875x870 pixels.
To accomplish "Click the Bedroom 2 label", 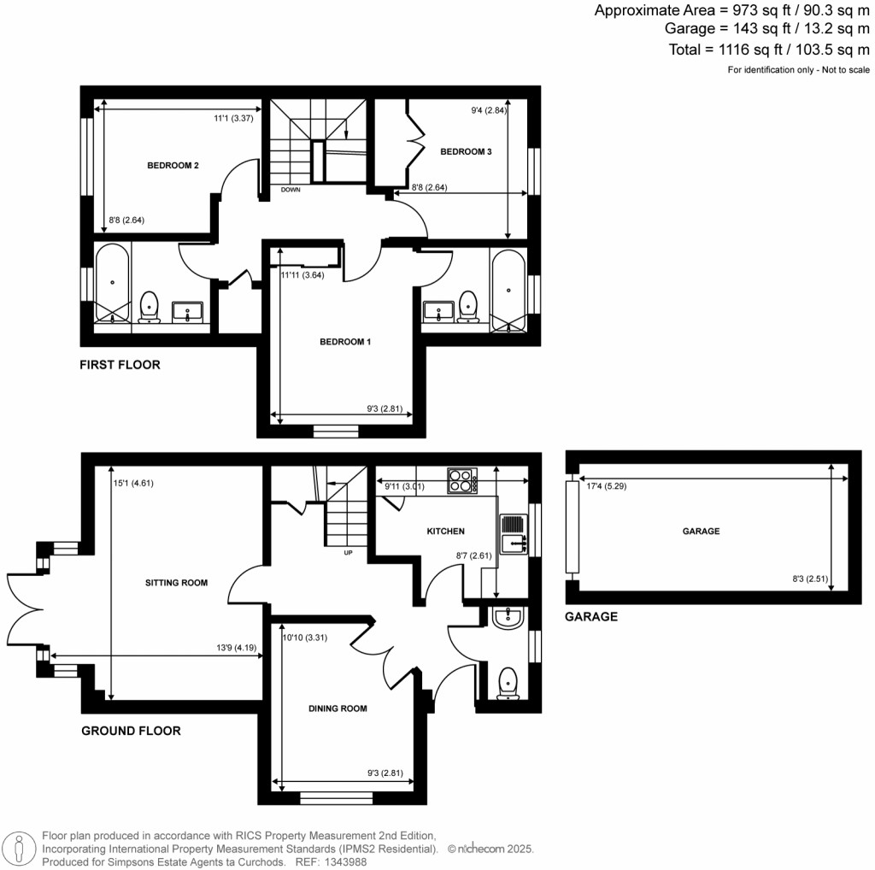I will (x=173, y=165).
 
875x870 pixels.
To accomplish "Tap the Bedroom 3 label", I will (x=466, y=151).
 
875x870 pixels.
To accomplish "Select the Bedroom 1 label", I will (x=345, y=342).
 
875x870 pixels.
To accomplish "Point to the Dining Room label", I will (x=338, y=708).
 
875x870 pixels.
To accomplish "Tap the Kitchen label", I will (x=445, y=532).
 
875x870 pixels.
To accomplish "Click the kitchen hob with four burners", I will (x=462, y=480).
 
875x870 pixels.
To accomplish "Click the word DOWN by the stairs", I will (x=291, y=190).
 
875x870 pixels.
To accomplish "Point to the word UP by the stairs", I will (x=347, y=553).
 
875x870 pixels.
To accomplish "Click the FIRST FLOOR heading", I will (x=120, y=365).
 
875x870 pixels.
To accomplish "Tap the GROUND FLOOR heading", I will (x=131, y=731).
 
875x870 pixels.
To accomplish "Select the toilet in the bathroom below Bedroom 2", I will (x=150, y=305).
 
